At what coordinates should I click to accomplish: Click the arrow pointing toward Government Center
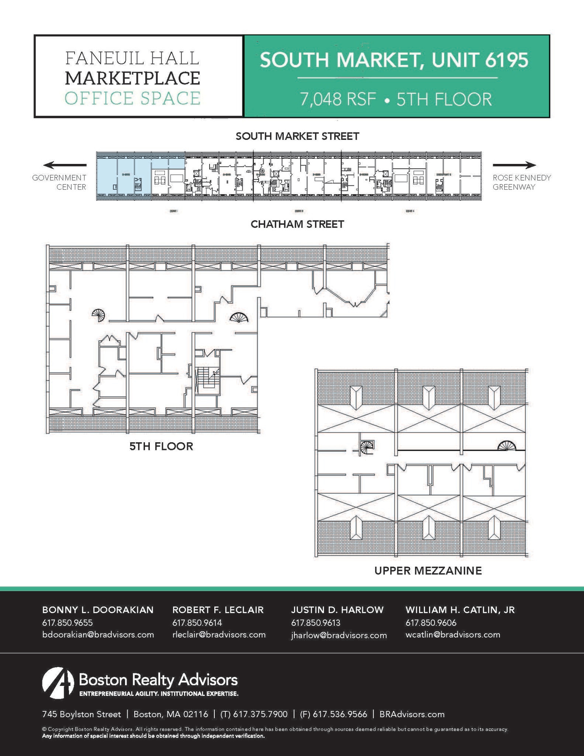tap(65, 165)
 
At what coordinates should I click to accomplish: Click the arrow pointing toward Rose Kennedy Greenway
tap(514, 165)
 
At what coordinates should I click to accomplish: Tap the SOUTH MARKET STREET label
tap(297, 137)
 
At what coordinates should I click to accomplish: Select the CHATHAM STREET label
tap(297, 224)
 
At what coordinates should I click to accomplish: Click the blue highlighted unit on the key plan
tap(123, 176)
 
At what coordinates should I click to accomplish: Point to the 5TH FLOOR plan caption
tap(161, 446)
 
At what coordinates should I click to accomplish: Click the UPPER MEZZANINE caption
tap(428, 571)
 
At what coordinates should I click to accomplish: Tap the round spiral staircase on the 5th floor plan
tap(99, 315)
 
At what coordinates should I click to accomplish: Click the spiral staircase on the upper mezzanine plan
tap(367, 447)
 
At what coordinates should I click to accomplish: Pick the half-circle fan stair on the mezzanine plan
tap(506, 446)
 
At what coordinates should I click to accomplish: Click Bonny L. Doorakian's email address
tap(98, 635)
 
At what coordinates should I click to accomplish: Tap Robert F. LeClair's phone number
tap(197, 623)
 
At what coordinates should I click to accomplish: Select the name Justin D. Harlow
tap(337, 610)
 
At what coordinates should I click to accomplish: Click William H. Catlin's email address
tap(453, 635)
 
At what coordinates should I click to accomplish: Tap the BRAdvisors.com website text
tap(412, 714)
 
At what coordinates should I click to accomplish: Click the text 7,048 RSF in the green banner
tap(338, 99)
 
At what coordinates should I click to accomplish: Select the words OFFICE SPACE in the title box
tap(132, 98)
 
